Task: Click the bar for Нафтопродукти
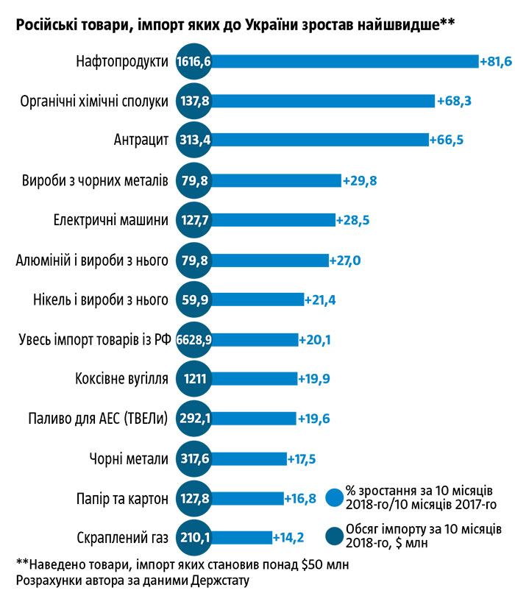(346, 61)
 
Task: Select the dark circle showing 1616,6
(194, 61)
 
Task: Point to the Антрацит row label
(142, 141)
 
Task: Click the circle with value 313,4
(194, 141)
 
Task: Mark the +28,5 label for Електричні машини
(354, 220)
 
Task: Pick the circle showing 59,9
(194, 299)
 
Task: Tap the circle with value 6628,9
(194, 339)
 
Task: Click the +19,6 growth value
(315, 419)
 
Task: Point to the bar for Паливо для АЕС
(254, 419)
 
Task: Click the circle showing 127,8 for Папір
(194, 498)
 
